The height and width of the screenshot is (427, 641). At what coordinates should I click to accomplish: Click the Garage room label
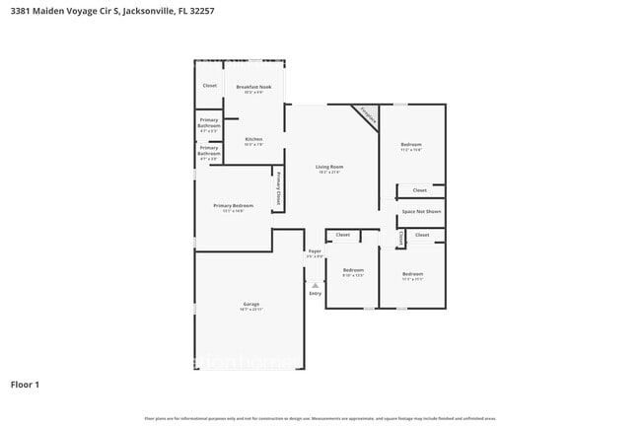250,304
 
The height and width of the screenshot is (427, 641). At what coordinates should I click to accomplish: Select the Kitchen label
253,139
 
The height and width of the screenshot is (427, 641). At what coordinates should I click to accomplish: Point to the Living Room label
329,167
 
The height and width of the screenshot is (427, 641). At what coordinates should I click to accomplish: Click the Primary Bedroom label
233,205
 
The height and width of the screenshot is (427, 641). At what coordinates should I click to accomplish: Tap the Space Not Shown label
421,212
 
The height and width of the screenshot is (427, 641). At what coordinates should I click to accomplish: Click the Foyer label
315,251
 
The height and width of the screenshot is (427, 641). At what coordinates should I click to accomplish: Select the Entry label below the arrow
316,293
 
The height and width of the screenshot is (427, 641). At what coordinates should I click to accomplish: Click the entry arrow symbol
316,284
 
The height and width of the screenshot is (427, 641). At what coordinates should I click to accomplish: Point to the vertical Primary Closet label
279,187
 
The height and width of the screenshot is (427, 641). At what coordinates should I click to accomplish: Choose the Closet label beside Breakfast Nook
209,86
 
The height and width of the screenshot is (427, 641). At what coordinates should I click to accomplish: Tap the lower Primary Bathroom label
209,152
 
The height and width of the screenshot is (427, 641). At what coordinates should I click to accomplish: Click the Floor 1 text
25,384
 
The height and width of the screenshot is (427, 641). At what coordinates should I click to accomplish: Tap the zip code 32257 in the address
202,11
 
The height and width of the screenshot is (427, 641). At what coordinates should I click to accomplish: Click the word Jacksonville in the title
144,11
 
